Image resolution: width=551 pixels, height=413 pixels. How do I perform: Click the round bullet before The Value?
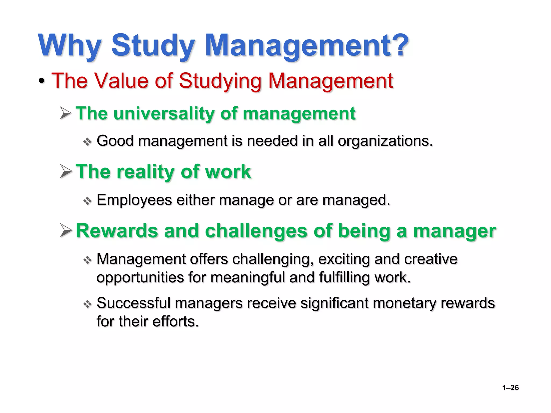(41, 81)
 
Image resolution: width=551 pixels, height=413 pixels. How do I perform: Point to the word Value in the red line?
(121, 81)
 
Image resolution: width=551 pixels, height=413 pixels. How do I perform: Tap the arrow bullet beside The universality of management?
(66, 113)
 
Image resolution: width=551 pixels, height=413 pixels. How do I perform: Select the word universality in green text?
(164, 113)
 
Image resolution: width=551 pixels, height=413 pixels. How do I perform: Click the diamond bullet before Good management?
(87, 142)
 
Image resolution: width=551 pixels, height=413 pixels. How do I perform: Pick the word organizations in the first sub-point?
(385, 141)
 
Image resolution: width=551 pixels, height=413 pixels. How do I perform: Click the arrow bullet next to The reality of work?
(66, 172)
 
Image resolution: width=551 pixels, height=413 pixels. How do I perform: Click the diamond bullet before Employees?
(87, 201)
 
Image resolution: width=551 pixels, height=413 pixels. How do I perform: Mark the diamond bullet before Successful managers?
(87, 304)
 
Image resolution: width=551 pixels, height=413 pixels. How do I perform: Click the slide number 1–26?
(510, 387)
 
